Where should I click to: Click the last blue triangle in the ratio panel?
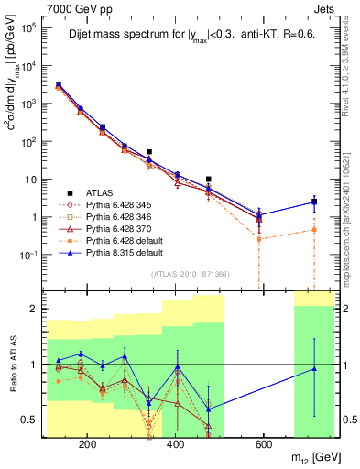pos(314,368)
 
